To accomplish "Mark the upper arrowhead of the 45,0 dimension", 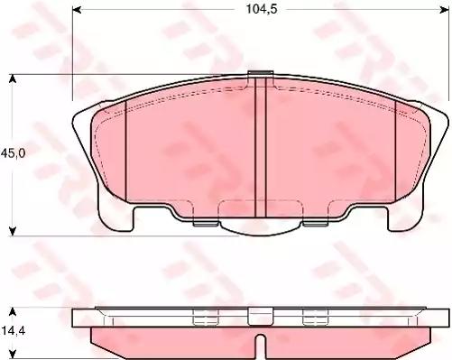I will [13, 78].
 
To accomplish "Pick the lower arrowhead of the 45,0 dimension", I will [13, 230].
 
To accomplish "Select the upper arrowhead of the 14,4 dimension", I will [13, 311].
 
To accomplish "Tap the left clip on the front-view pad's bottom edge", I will [205, 219].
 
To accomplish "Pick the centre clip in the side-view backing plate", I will [260, 316].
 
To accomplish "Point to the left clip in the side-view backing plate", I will [205, 316].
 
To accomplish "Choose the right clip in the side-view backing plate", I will [314, 316].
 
